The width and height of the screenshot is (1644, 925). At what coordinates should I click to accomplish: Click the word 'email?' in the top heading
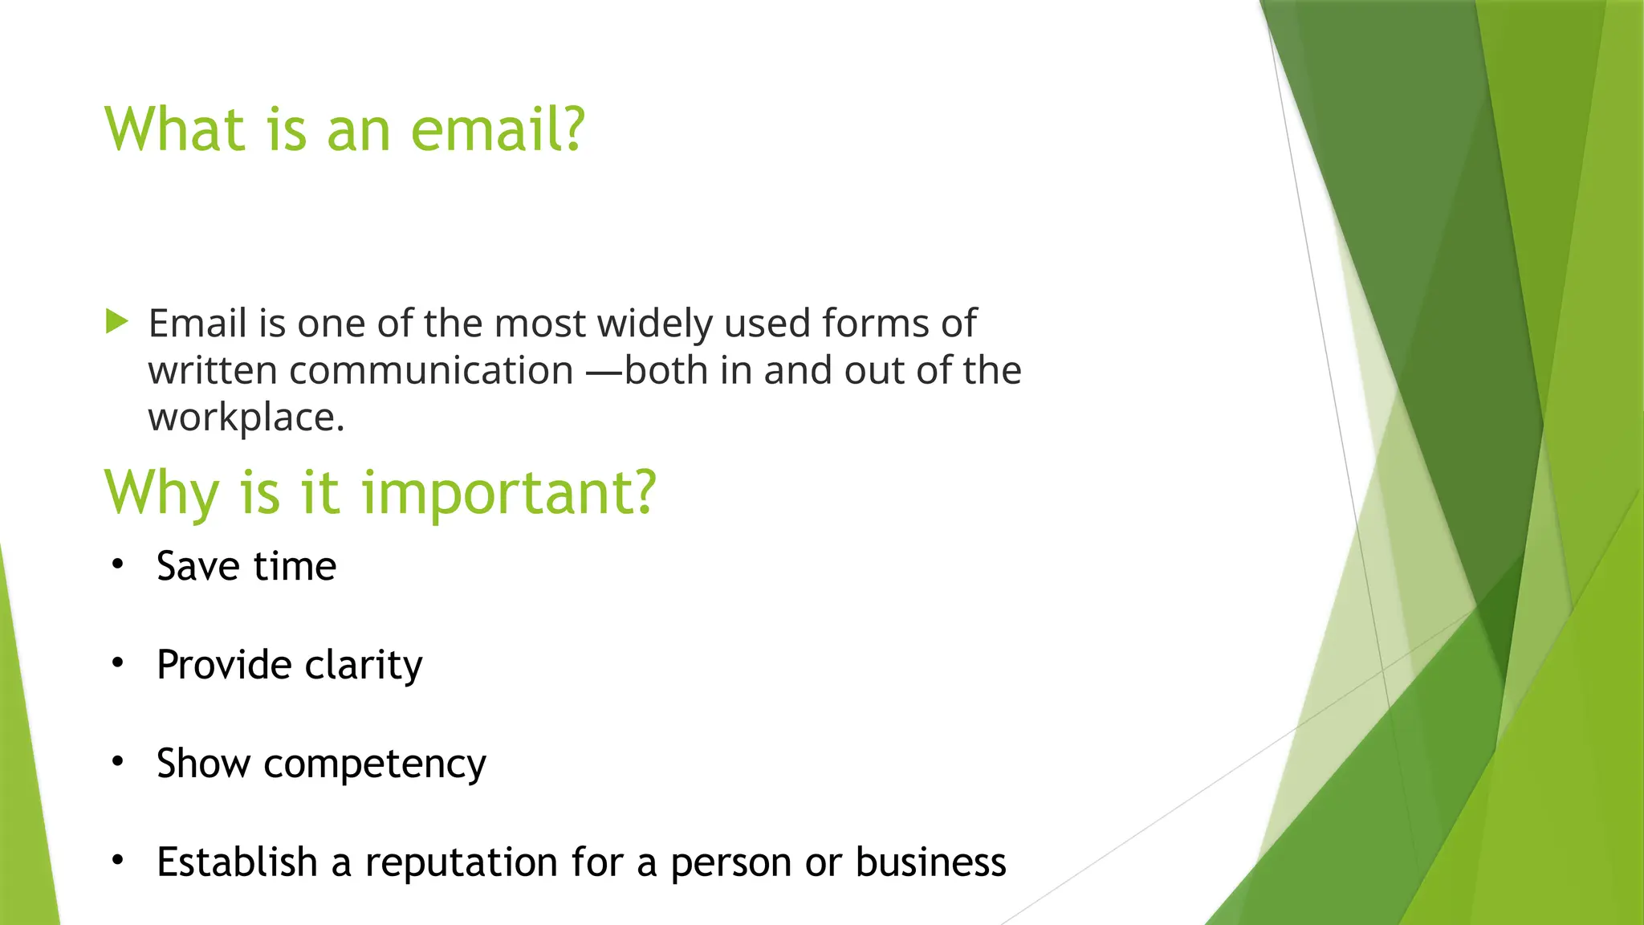pyautogui.click(x=498, y=129)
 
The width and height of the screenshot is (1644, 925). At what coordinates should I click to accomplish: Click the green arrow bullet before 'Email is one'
pyautogui.click(x=117, y=322)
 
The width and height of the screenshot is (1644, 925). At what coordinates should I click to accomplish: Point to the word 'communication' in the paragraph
pyautogui.click(x=431, y=371)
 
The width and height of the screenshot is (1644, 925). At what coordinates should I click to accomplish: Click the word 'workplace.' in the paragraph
pyautogui.click(x=246, y=418)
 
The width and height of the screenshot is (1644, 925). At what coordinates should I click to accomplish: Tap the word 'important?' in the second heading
pyautogui.click(x=509, y=492)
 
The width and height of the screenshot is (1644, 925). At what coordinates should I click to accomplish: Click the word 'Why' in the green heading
pyautogui.click(x=161, y=492)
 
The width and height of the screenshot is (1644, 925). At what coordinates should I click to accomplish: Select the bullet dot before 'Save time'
pyautogui.click(x=118, y=564)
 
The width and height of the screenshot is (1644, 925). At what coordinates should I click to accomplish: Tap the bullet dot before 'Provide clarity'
pyautogui.click(x=118, y=663)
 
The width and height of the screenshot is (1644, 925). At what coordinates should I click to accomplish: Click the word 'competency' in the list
pyautogui.click(x=375, y=764)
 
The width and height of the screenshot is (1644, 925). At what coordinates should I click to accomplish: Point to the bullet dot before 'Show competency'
pyautogui.click(x=118, y=762)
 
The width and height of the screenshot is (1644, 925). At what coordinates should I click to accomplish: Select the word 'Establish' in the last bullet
pyautogui.click(x=237, y=862)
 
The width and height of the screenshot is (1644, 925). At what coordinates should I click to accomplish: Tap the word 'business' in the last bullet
pyautogui.click(x=930, y=862)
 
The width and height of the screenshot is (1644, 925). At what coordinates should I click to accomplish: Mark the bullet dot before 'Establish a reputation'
pyautogui.click(x=118, y=861)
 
